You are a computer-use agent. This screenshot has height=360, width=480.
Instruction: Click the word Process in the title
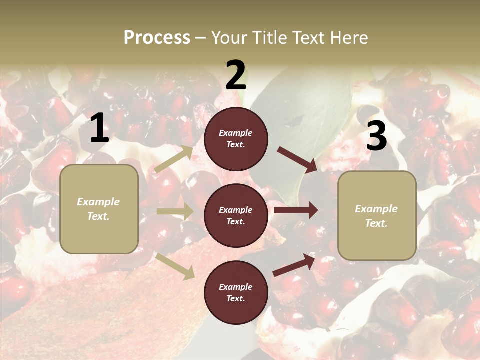tap(157, 38)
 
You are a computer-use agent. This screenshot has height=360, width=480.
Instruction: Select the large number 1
tap(99, 128)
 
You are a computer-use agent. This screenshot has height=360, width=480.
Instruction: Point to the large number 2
tap(236, 75)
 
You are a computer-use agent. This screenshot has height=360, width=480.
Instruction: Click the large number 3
tap(376, 136)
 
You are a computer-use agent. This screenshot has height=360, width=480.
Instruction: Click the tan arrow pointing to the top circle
tap(174, 159)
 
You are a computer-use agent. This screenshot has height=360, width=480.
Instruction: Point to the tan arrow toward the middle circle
tap(175, 211)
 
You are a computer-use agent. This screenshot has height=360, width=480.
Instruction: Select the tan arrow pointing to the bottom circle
tap(175, 266)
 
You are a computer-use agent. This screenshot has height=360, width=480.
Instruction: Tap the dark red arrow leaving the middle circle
tap(296, 210)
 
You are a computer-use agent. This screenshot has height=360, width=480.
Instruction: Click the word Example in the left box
tap(98, 202)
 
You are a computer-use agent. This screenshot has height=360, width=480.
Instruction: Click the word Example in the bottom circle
tap(235, 287)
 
